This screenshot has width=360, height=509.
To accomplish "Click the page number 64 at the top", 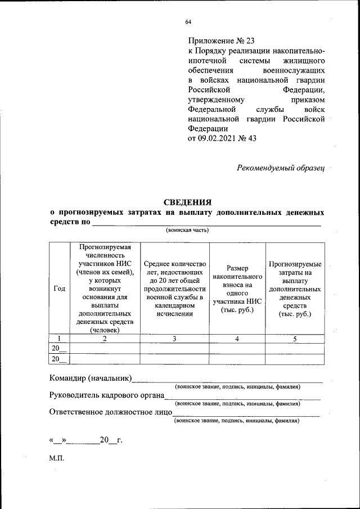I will (188, 22).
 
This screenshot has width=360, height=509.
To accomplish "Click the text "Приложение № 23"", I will (221, 40).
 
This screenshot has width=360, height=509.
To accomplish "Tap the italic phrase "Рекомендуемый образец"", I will (281, 167).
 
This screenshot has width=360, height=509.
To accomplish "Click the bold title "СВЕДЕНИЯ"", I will (187, 202).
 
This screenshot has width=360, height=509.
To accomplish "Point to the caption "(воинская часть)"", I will (187, 230).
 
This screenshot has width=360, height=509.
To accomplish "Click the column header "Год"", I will (59, 288).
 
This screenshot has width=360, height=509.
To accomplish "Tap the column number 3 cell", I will (174, 339).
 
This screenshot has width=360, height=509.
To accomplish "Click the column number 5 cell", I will (295, 339).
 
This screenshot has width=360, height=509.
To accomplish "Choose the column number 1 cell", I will (59, 339).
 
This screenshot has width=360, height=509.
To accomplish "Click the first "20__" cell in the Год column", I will (59, 349).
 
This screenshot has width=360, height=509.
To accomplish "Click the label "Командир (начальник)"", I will (91, 377).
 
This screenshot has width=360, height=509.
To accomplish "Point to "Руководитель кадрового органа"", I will (106, 395).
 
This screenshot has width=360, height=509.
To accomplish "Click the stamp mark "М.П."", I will (57, 458).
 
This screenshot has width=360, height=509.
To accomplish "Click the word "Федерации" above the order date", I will (208, 128).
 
